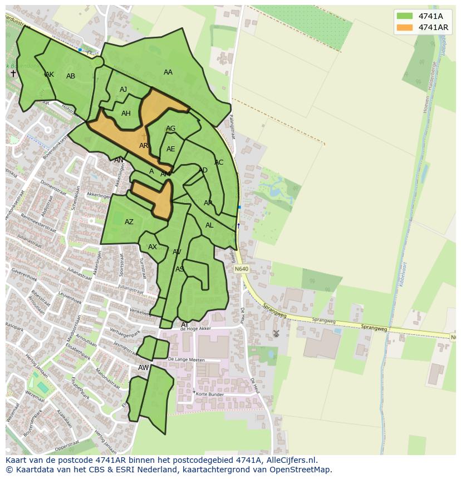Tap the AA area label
168,72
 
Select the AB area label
71,76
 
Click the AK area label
50,75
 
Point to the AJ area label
124,90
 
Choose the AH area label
126,113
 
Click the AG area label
171,129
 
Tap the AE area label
171,149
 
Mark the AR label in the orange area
144,146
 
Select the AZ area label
129,222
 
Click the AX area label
153,247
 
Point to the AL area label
209,225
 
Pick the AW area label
144,368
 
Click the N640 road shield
241,269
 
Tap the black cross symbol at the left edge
13,73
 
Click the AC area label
219,162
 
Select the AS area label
180,269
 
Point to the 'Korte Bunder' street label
209,394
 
